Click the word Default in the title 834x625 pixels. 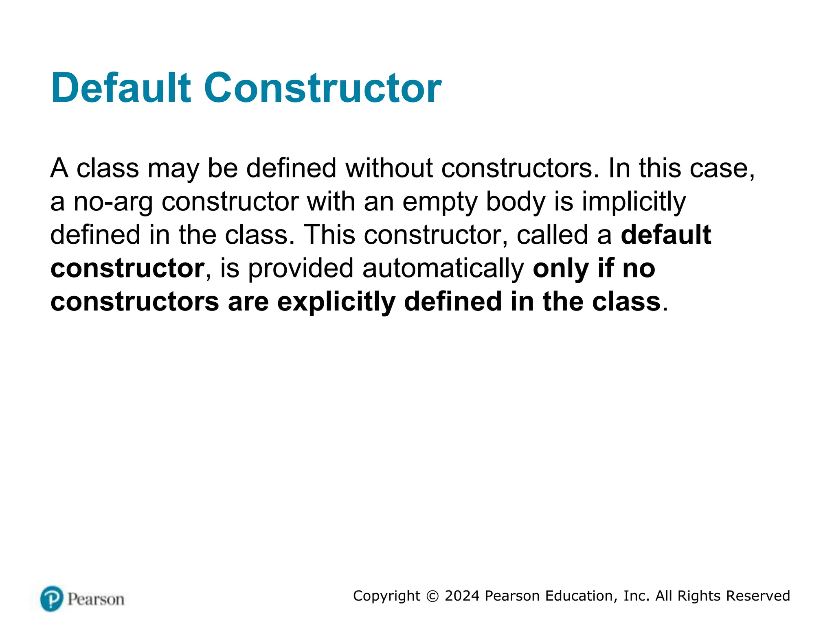[x=121, y=88]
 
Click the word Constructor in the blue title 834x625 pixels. [x=323, y=88]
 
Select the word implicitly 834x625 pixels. [x=634, y=202]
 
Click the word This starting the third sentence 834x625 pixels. [x=329, y=235]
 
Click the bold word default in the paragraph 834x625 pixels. [x=666, y=235]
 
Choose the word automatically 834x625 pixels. [x=443, y=269]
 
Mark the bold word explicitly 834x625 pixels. [x=336, y=302]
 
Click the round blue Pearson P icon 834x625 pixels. [x=52, y=599]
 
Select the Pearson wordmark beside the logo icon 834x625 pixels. [x=96, y=599]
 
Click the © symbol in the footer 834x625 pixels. [x=432, y=596]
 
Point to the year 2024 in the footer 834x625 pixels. [x=462, y=596]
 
